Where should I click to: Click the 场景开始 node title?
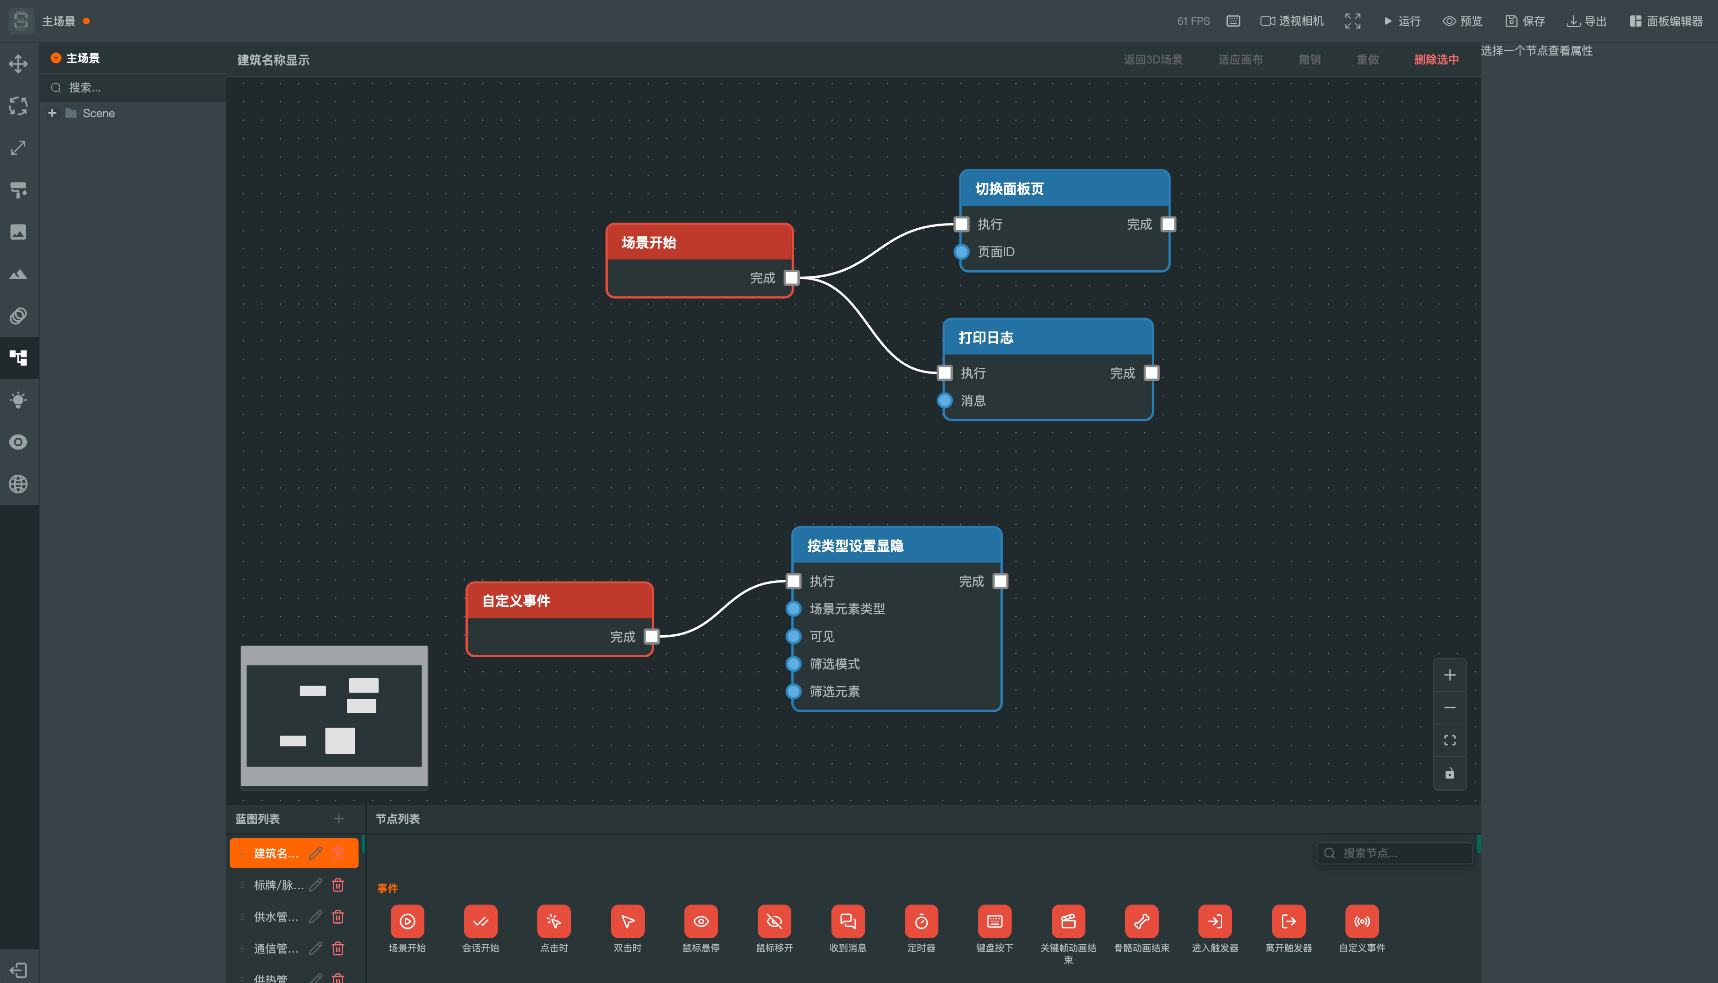coord(649,242)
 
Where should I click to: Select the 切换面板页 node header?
coord(1064,189)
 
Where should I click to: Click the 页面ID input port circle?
coord(961,252)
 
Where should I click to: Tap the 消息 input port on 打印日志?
coord(944,401)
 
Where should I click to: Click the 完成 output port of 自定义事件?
coord(651,637)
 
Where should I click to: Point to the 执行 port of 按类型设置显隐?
coord(794,581)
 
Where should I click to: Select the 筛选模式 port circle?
coord(794,664)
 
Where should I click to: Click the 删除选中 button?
coord(1436,59)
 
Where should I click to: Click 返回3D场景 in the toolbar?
coord(1153,59)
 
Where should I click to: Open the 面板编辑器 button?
coord(1666,21)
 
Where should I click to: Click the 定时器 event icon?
coord(922,921)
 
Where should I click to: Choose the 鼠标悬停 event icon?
coord(701,921)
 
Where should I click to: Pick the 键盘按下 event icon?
coord(994,921)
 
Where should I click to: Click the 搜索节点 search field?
coord(1394,853)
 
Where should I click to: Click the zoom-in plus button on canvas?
coord(1450,675)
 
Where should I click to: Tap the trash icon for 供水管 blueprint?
coord(338,917)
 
